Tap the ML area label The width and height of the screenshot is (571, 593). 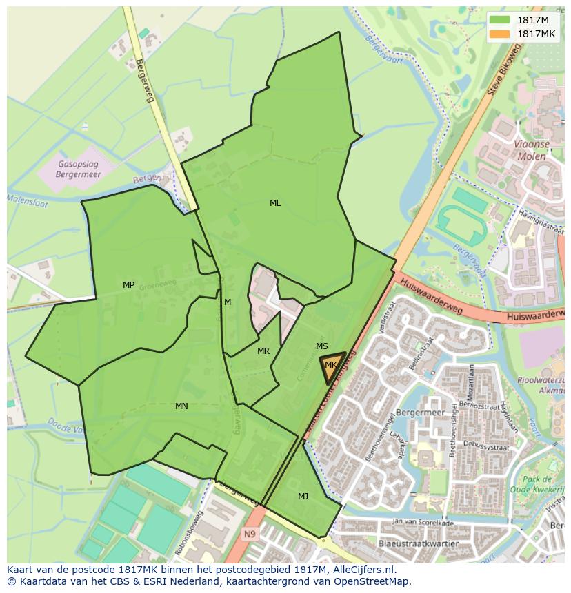pos(275,203)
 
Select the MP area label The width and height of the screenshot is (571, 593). pos(128,285)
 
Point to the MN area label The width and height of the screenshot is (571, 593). pos(181,406)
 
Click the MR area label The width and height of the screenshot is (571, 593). pos(263,351)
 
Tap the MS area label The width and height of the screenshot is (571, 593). pos(322,346)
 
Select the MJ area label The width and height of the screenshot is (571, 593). pos(303,497)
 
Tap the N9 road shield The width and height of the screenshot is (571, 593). pos(249,533)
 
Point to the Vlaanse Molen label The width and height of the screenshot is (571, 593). pos(530,150)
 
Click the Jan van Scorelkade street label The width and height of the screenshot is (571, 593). pos(422,523)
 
